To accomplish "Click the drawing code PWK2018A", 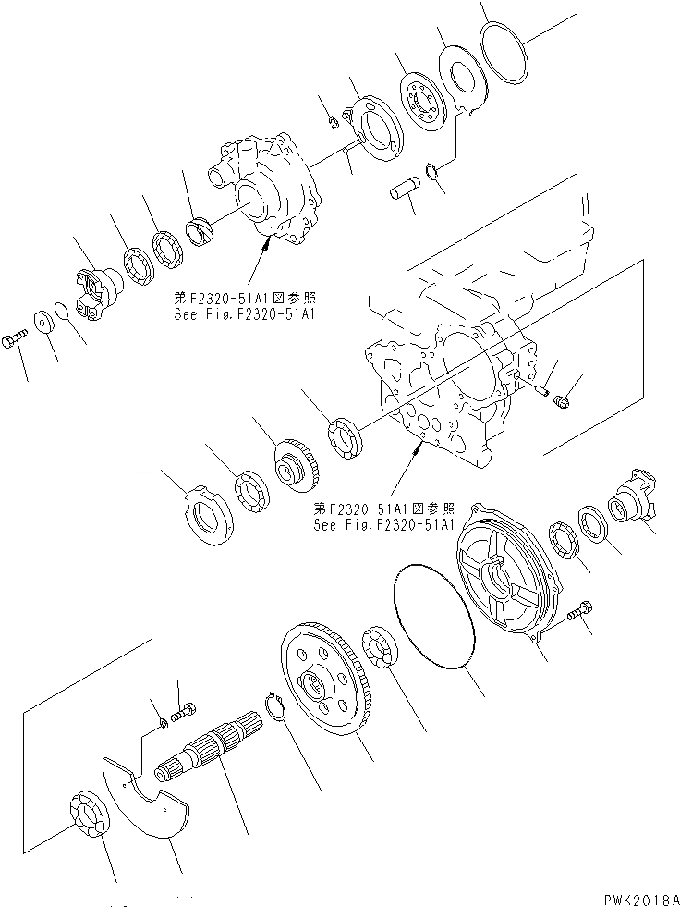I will pyautogui.click(x=636, y=897).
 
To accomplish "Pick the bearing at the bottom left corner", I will pyautogui.click(x=89, y=818).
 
